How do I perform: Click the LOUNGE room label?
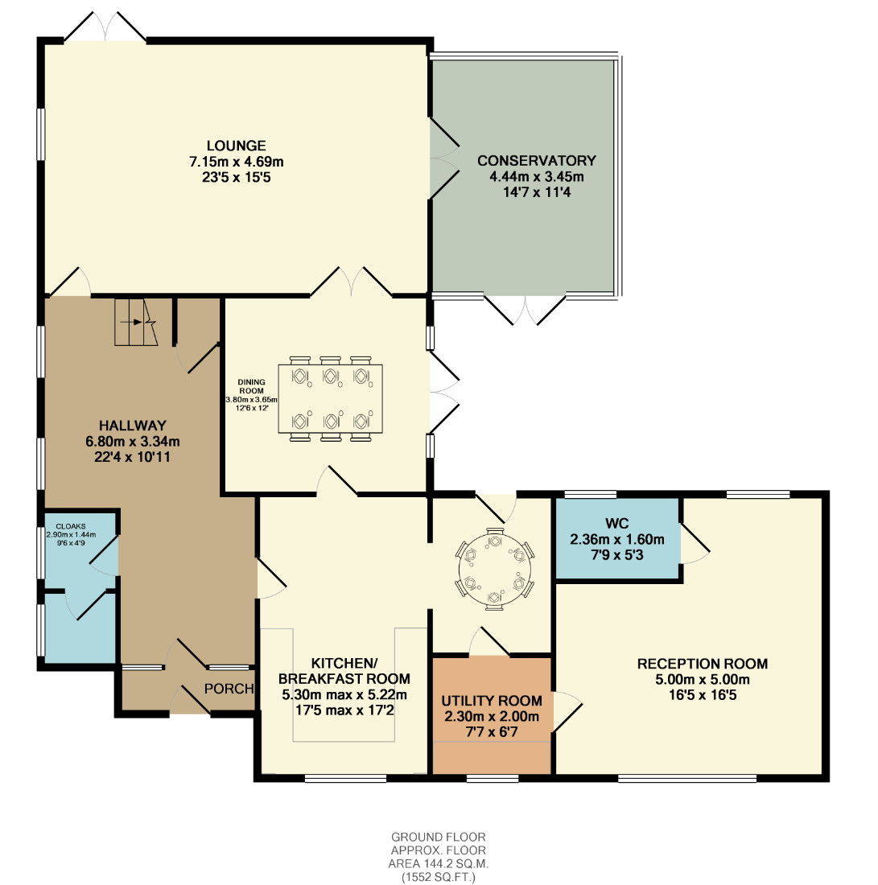pos(236,146)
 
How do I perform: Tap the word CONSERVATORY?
pos(537,161)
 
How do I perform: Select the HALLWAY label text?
pos(133,426)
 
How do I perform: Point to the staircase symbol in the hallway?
pos(136,322)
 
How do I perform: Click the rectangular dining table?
pos(330,399)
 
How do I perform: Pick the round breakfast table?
pos(495,569)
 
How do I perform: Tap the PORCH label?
pos(229,689)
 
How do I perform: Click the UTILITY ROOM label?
pos(492,701)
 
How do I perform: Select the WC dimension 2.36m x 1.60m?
pos(617,540)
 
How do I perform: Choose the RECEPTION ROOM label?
pos(703,664)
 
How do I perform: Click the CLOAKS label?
pos(71,526)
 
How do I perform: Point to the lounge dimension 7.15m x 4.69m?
pos(236,162)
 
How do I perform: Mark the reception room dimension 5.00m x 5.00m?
pos(703,680)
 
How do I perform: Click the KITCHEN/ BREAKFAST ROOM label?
pos(344,670)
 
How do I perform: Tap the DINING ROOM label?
pos(251,386)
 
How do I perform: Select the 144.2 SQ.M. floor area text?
pos(438,863)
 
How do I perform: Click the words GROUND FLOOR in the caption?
pos(438,837)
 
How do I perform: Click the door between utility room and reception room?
pos(567,712)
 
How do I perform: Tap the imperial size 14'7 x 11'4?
pos(537,192)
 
